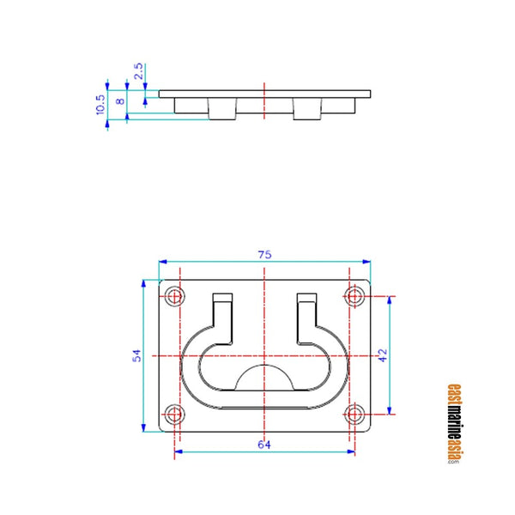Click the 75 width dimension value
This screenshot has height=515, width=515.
click(x=264, y=254)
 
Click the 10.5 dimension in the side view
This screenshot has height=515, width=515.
click(x=100, y=104)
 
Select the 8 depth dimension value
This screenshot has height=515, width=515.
click(x=119, y=100)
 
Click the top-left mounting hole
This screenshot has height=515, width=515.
click(x=175, y=296)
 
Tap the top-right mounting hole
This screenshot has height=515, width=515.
click(x=353, y=296)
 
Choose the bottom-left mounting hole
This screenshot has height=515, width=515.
click(x=175, y=415)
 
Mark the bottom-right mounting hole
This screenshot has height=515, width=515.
click(x=353, y=415)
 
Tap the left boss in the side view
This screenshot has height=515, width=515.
click(x=222, y=109)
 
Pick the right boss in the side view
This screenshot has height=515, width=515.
click(x=307, y=109)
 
